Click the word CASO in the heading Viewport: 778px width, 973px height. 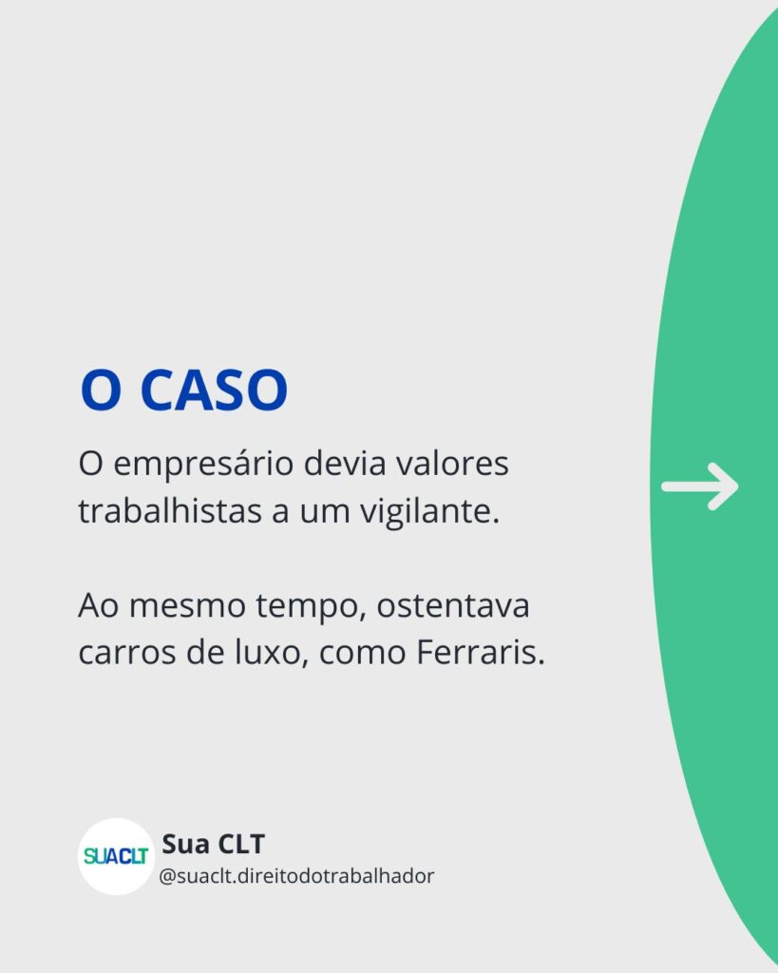214,390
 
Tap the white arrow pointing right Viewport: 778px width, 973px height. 700,486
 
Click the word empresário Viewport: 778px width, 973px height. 203,465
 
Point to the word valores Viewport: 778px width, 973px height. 452,463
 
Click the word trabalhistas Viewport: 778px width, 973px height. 169,510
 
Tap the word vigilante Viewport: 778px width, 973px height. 430,512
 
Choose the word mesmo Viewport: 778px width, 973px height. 187,606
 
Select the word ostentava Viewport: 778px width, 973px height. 453,606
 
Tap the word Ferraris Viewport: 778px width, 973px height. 481,652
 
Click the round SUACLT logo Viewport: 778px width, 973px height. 116,856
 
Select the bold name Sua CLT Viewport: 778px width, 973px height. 214,844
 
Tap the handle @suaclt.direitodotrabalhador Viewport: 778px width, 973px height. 296,876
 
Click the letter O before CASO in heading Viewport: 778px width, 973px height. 101,390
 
